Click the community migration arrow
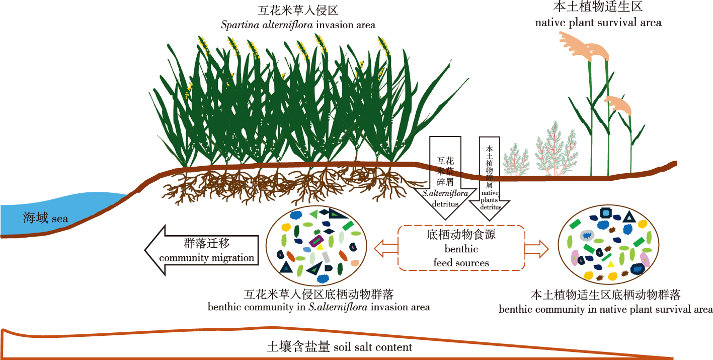coord(201,250)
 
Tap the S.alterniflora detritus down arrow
coord(445,176)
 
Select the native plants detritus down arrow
coord(490,176)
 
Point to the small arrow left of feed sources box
coord(386,247)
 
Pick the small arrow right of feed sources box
coord(536,247)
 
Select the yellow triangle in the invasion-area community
coord(320,247)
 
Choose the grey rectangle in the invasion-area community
coord(326,257)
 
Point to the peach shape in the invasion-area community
coord(355,263)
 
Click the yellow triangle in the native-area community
coord(610,264)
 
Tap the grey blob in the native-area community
coord(587,235)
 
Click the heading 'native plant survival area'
coord(598,23)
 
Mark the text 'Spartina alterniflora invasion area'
coord(298,25)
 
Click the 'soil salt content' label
coord(373,347)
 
